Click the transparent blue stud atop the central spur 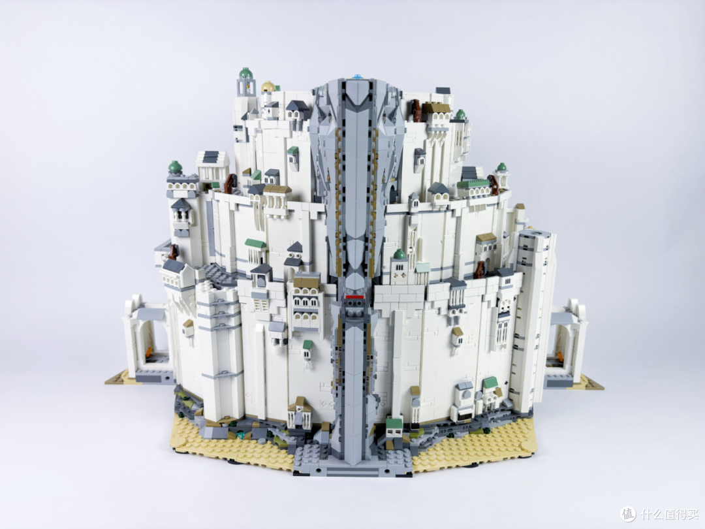click(358, 76)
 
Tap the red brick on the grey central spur click(354, 297)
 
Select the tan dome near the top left click(268, 86)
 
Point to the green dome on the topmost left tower click(245, 73)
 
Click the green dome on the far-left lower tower click(175, 167)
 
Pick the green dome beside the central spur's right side click(399, 254)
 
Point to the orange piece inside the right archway click(560, 355)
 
